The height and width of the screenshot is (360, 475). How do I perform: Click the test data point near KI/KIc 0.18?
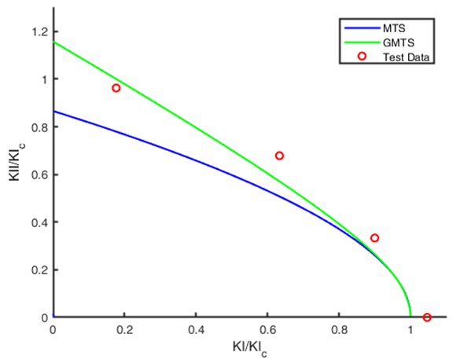(116, 88)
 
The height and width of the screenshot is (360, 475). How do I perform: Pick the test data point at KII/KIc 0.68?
(279, 156)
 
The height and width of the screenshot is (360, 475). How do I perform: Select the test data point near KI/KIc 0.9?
(374, 238)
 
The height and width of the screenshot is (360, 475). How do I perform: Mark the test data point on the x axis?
(427, 318)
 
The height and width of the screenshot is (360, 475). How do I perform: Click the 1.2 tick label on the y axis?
(38, 31)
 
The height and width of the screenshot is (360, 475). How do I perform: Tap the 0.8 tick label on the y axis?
(38, 127)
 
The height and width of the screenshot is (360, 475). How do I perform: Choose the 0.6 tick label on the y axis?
(38, 174)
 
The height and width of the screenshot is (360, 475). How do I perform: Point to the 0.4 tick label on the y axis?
(38, 222)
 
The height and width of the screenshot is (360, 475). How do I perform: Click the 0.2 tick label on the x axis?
(124, 329)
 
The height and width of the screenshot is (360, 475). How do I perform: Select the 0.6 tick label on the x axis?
(267, 329)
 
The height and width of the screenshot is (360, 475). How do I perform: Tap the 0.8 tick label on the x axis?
(339, 329)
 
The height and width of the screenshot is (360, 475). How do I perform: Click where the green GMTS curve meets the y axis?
(53, 42)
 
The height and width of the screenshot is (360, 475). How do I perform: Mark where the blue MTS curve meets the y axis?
(53, 111)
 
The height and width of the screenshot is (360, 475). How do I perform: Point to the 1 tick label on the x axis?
(411, 329)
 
